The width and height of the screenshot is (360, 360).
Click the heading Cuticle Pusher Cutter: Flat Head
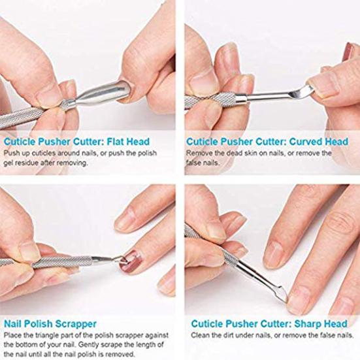(x=76, y=142)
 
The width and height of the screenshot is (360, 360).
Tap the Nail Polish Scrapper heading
(x=50, y=323)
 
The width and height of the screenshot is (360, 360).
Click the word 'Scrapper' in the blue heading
(x=73, y=323)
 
